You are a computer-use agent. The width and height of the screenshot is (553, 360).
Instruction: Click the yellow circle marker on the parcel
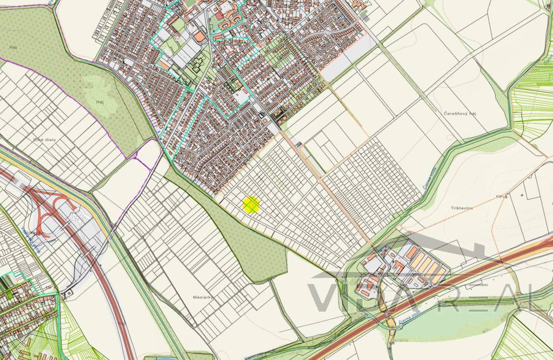point(251,205)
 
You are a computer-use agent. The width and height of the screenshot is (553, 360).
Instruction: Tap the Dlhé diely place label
point(44,139)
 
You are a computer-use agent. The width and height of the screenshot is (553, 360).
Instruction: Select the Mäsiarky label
point(203,297)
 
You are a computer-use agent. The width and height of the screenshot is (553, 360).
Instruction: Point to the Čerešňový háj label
point(459,114)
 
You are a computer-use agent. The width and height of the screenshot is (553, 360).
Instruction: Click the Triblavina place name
point(462,208)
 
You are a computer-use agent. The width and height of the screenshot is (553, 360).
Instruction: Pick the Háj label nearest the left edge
point(14,48)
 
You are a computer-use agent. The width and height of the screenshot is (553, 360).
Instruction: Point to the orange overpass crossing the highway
point(389,319)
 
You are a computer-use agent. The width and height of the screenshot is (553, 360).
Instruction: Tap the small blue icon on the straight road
point(298,144)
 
